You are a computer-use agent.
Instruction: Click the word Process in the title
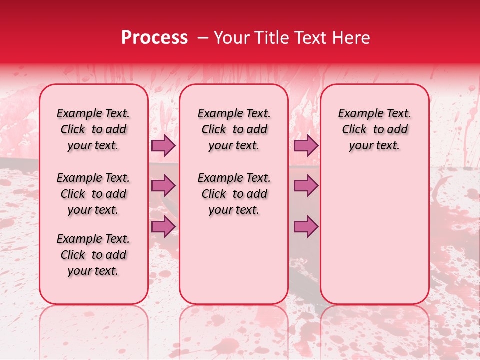coord(154,38)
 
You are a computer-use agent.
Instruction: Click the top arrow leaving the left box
coord(163,146)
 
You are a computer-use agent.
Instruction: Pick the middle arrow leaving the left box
coord(163,186)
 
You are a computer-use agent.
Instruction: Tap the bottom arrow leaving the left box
coord(163,226)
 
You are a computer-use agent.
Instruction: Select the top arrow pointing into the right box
coord(306,146)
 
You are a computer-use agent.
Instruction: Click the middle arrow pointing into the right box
coord(306,186)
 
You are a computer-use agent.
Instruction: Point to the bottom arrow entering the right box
coord(306,226)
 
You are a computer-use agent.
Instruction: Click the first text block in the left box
coord(93,130)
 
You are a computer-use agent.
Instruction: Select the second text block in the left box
coord(93,194)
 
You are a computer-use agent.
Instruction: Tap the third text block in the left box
coord(93,255)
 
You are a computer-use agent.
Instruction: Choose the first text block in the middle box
coord(234,130)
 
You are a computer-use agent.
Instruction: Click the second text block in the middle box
coord(234,194)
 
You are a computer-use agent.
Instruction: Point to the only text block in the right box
coord(375,130)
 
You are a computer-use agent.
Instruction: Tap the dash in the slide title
coord(203,38)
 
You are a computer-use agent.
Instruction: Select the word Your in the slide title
coord(231,38)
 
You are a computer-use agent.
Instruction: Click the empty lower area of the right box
coord(375,230)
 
